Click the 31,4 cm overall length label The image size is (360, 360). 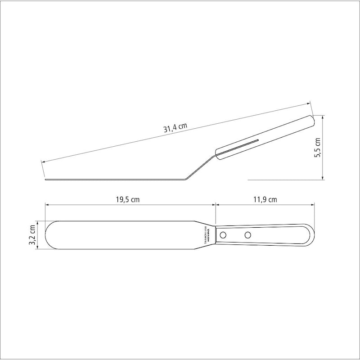click(x=175, y=128)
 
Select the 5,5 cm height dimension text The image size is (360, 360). click(x=318, y=147)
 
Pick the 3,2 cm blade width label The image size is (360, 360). click(x=32, y=234)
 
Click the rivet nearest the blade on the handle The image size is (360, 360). click(x=224, y=234)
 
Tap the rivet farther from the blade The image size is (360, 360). click(x=247, y=234)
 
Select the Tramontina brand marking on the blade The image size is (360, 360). click(x=206, y=234)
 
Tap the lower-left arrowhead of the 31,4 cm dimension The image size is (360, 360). click(x=42, y=162)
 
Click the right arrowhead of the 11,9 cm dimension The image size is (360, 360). click(x=313, y=206)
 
